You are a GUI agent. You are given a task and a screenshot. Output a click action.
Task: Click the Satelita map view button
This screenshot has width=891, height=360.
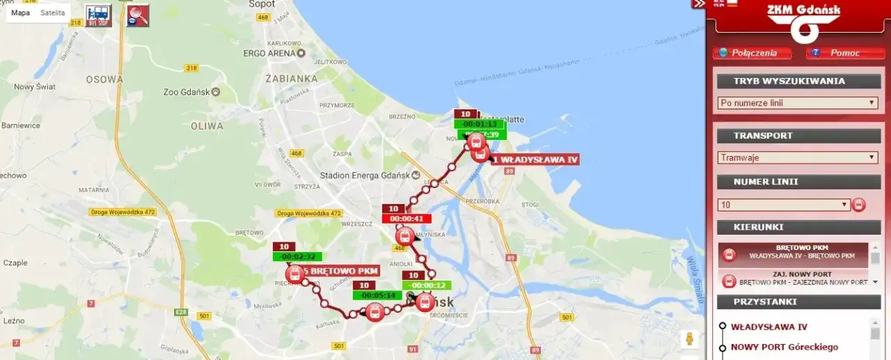tap(53, 13)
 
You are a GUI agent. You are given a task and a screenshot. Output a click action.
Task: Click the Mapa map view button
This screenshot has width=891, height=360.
tap(21, 13)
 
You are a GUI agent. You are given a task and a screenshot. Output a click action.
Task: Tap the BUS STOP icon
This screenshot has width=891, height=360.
tap(98, 15)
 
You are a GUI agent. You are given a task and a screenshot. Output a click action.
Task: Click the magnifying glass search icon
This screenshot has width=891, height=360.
tap(137, 15)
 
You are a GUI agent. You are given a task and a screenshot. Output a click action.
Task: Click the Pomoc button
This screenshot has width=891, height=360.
tap(844, 53)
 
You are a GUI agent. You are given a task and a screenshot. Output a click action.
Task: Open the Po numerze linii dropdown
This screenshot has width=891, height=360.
tap(798, 103)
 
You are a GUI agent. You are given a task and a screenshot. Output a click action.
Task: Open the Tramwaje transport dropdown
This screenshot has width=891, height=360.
tap(798, 157)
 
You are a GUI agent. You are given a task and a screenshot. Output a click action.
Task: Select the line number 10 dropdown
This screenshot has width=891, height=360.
tap(784, 205)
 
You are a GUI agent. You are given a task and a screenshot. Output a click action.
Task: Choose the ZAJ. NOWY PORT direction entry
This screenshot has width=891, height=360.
tap(798, 279)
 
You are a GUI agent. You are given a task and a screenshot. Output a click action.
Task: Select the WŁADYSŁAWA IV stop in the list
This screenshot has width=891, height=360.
tap(768, 327)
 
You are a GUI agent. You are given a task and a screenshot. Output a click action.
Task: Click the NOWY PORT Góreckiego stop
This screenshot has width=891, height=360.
tap(784, 347)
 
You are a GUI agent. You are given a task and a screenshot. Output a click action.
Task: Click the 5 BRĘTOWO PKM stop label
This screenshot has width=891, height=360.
tap(340, 271)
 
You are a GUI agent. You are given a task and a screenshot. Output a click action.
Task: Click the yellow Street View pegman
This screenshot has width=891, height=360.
tap(689, 338)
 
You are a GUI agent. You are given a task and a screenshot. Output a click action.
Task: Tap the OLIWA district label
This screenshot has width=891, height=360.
tap(207, 126)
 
